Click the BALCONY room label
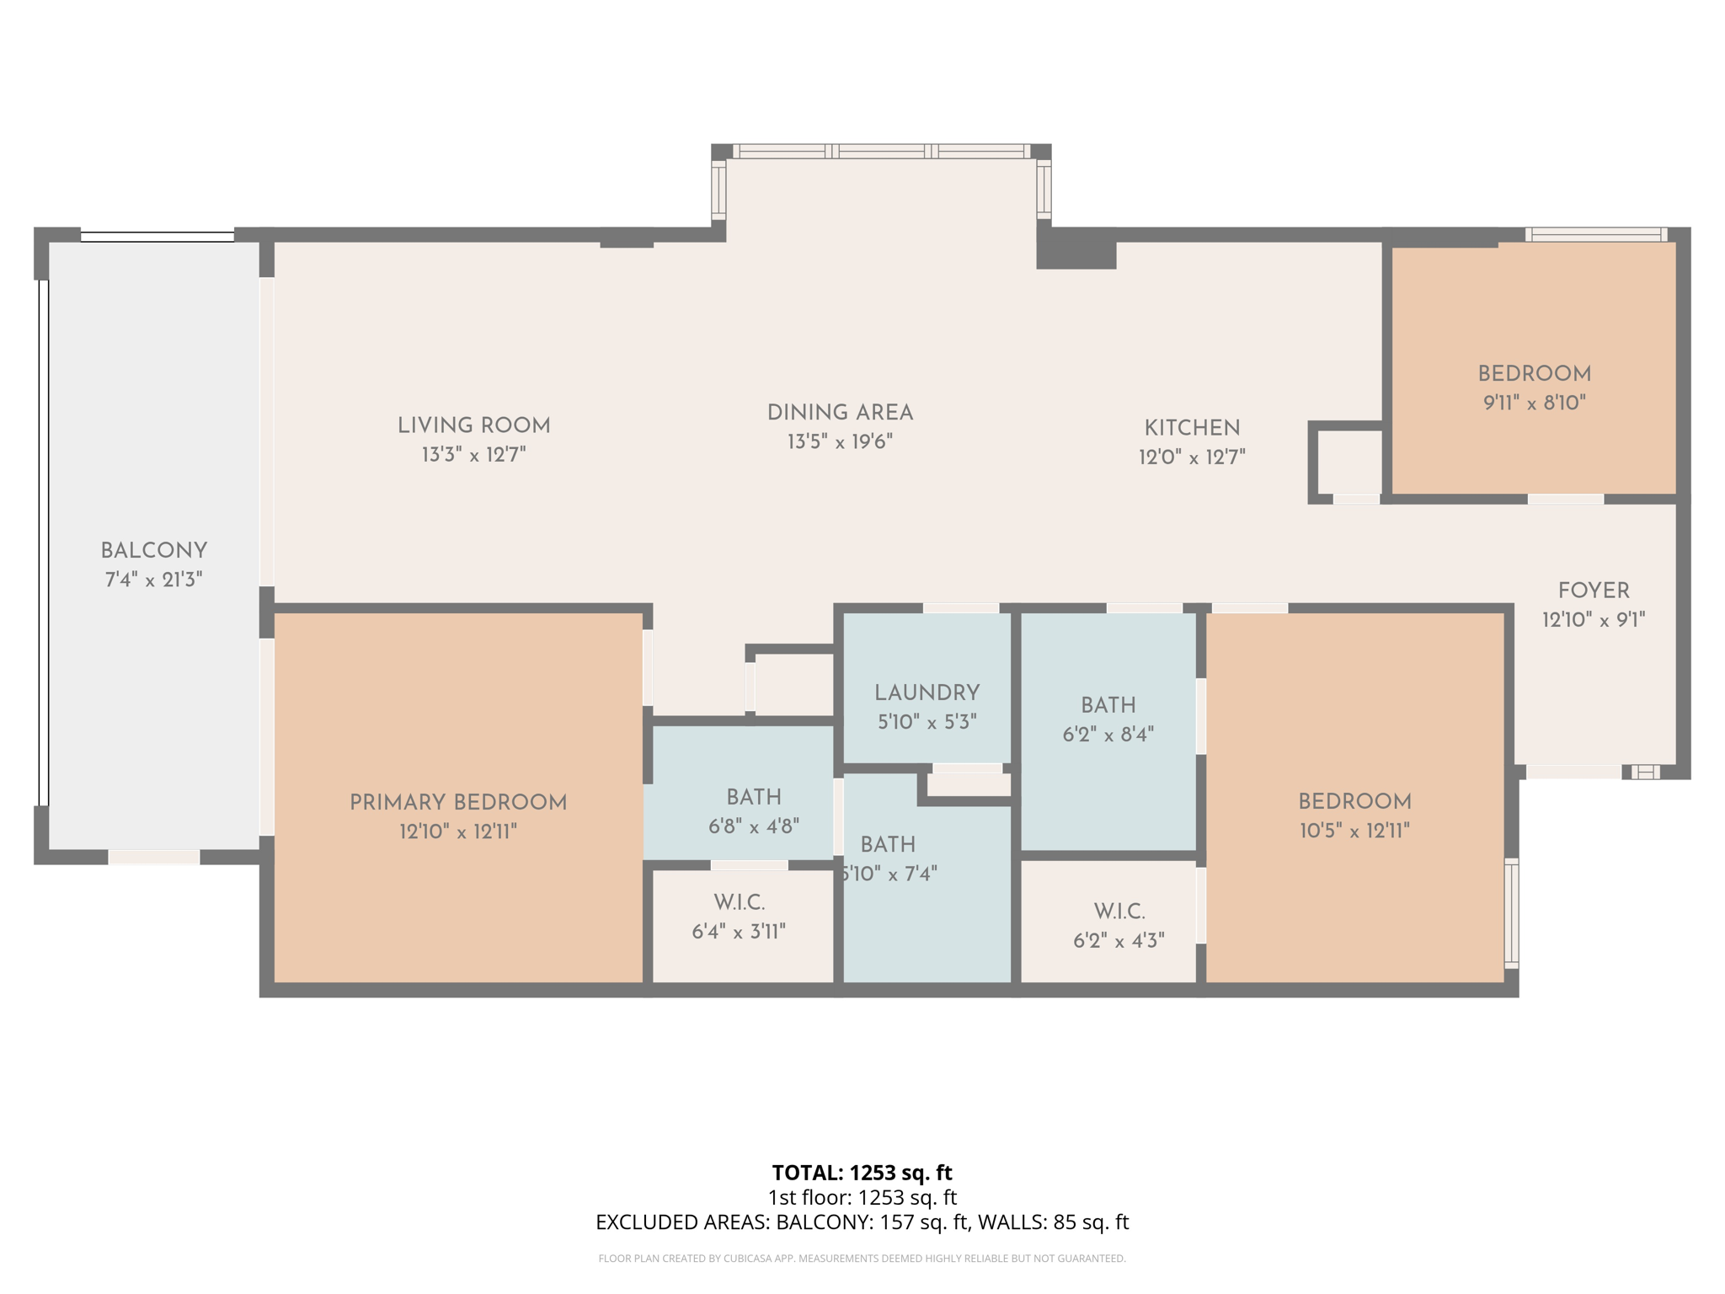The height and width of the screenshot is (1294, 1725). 153,551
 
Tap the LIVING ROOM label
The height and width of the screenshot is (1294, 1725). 473,426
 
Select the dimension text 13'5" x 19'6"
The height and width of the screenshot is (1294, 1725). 840,442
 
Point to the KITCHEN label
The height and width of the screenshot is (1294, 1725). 1192,428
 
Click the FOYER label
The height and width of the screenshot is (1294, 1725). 1593,591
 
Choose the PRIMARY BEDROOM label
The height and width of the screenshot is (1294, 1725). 458,803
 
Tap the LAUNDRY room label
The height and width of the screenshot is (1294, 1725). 927,693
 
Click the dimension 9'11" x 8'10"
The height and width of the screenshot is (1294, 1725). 1534,403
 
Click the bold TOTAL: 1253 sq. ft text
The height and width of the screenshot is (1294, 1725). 862,1173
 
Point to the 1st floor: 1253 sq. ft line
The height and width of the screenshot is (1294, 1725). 862,1197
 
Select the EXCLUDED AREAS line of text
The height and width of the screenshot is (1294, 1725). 862,1222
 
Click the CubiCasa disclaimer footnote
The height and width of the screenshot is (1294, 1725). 862,1259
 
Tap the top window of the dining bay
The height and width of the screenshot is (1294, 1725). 881,152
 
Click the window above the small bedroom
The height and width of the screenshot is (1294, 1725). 1595,234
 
